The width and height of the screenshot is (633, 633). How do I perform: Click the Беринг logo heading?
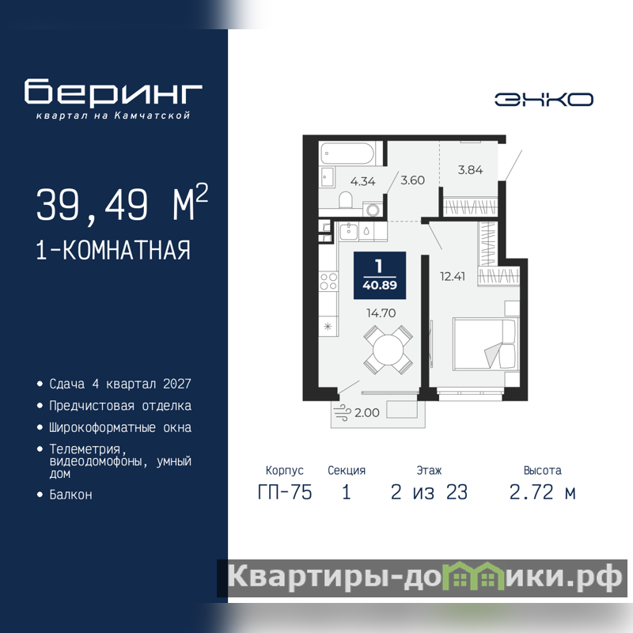point(113,91)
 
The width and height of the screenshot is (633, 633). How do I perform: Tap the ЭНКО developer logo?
point(544,100)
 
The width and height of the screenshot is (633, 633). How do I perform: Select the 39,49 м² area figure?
point(122,203)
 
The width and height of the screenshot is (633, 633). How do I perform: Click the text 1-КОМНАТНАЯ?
point(113,250)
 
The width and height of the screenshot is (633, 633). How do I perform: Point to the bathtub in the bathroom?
point(347,154)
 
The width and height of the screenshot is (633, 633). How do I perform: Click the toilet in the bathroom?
point(346,200)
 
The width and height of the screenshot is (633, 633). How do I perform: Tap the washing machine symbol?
point(372,210)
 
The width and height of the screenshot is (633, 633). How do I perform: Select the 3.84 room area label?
point(470,170)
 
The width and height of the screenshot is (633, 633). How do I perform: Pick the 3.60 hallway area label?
point(412,180)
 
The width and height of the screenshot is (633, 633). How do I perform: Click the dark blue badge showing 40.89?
point(380,275)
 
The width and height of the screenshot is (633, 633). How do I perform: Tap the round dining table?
point(388,350)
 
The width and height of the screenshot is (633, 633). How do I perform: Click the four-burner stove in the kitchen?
point(328,281)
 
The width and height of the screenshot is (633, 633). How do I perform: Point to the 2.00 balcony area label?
point(367,412)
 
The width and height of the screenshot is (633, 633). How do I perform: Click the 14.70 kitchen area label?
point(381,313)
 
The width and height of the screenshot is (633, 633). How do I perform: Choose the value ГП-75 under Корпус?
point(285,492)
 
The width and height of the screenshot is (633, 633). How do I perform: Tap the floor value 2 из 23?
point(429,492)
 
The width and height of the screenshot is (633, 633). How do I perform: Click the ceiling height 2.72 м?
point(542,492)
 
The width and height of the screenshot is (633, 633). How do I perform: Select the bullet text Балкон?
point(70,495)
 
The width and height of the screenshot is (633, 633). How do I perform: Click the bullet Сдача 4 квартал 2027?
point(120,384)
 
